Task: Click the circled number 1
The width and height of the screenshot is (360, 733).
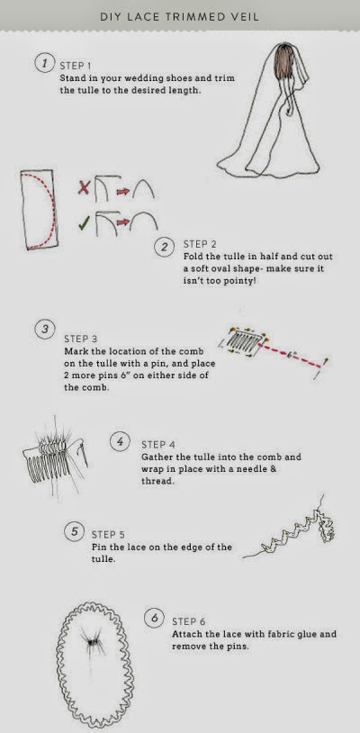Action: [x=44, y=63]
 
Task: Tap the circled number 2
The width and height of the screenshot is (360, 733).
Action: [x=164, y=247]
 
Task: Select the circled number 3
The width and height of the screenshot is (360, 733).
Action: [x=44, y=330]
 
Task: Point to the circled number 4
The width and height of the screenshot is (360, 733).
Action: [x=120, y=442]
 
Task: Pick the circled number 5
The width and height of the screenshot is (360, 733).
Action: [x=74, y=531]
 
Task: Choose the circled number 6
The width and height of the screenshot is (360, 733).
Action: [x=154, y=618]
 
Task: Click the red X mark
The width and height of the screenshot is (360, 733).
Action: [x=84, y=188]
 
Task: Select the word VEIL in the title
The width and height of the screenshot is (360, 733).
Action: [x=245, y=17]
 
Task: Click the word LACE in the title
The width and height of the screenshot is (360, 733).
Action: [x=139, y=17]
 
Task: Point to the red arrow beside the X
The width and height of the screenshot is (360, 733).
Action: [x=122, y=191]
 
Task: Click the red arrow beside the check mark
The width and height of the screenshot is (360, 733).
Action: [x=121, y=222]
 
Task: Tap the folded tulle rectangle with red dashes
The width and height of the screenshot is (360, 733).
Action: [x=39, y=210]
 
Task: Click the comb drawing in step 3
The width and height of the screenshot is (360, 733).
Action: [x=246, y=340]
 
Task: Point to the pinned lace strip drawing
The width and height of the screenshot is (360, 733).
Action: [x=291, y=530]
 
